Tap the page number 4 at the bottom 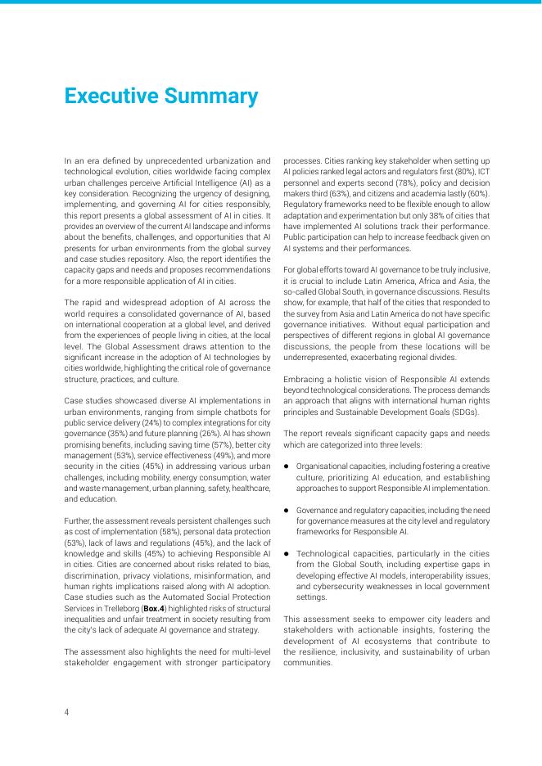(x=67, y=712)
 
